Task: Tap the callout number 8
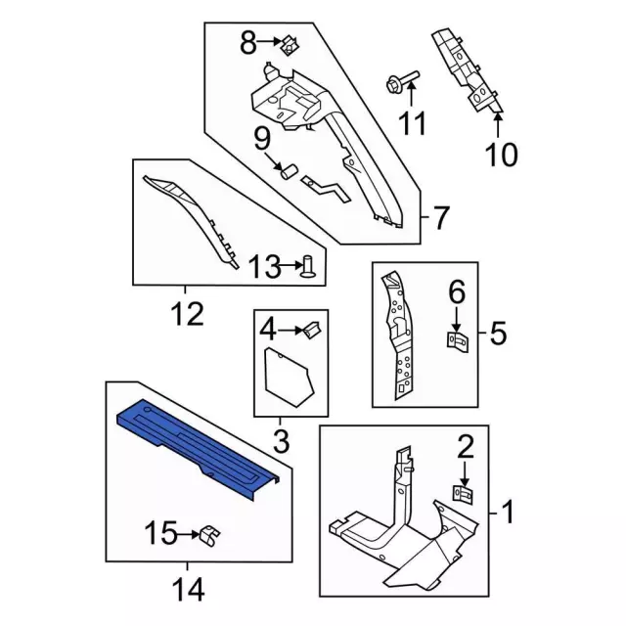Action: pos(247,43)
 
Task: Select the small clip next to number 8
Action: pos(291,45)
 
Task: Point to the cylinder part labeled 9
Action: pos(289,171)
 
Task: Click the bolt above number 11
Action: pos(402,82)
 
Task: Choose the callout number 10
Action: pos(502,155)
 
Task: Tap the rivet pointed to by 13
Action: pos(309,267)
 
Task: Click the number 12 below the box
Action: pos(188,313)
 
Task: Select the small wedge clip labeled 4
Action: pos(312,331)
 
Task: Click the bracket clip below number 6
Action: pos(457,342)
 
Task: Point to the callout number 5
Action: pos(498,333)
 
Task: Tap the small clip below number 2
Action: pos(463,494)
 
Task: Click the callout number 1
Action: pos(508,513)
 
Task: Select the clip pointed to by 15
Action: pos(209,536)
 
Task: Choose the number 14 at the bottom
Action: pos(189,589)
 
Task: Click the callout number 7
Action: pos(440,217)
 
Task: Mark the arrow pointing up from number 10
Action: pos(498,125)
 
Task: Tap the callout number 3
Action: pos(281,441)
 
